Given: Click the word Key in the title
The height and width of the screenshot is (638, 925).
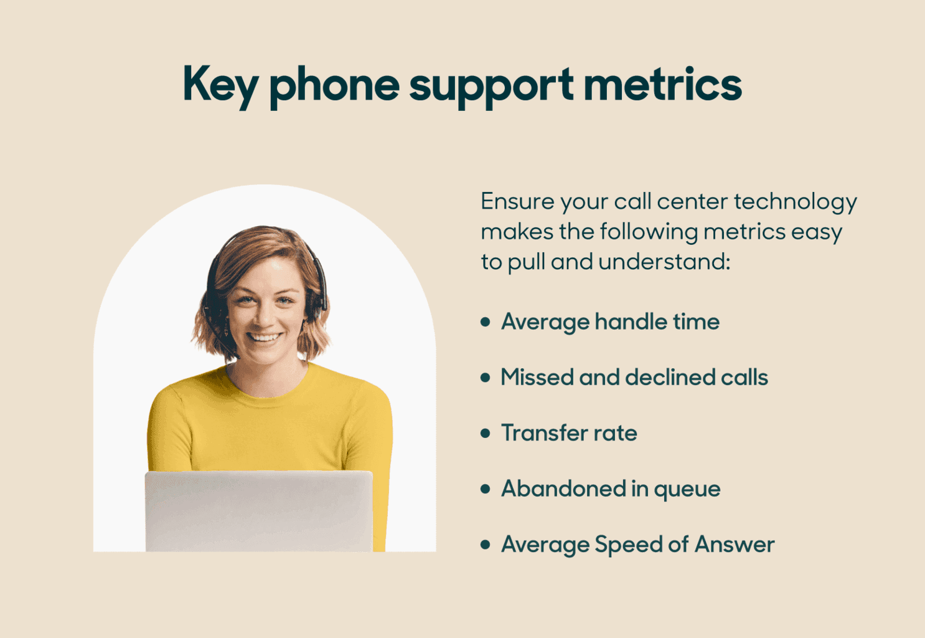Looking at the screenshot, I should point(220,85).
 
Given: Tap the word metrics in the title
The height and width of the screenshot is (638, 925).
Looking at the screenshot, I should point(662,84).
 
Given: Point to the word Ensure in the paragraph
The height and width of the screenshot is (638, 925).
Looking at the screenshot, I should point(517,201).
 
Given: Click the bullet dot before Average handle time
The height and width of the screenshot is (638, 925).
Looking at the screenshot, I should point(486,322).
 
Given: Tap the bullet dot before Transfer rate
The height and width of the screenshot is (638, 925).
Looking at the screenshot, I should point(486,433).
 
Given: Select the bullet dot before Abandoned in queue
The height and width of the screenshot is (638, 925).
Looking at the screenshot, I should point(486,489).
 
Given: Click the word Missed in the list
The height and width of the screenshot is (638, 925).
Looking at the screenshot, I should point(537,377).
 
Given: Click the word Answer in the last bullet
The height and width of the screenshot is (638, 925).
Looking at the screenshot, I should point(735,545).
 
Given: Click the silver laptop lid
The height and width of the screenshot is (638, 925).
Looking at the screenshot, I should point(258,511).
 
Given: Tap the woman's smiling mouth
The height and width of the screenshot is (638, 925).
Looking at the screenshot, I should point(265,338).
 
